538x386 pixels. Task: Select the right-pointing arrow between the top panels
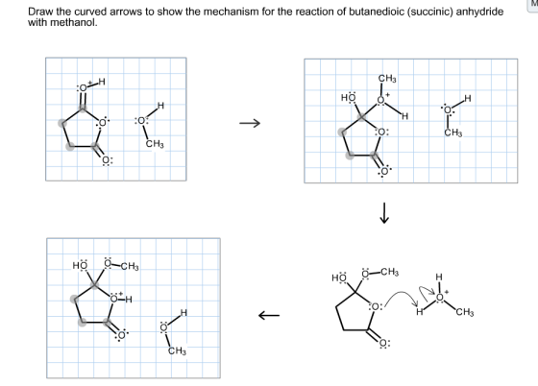click(x=250, y=123)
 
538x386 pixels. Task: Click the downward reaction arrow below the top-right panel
click(x=384, y=213)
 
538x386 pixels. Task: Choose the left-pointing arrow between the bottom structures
click(x=269, y=315)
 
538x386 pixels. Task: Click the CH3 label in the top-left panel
click(x=155, y=144)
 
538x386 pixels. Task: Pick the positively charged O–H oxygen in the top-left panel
click(x=83, y=87)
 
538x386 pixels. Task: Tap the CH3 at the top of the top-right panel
click(x=387, y=79)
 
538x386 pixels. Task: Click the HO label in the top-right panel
click(x=348, y=97)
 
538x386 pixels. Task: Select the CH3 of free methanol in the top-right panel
click(x=453, y=133)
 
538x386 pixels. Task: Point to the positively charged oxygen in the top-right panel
click(x=380, y=100)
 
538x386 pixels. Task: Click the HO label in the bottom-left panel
click(x=80, y=265)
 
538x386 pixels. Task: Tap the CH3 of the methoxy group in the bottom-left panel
click(x=130, y=266)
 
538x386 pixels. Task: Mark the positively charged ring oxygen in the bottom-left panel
click(x=114, y=299)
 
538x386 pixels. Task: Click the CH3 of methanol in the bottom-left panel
click(x=177, y=350)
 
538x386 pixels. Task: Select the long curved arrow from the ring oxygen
click(x=403, y=294)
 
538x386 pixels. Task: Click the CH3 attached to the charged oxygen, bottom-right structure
click(x=465, y=312)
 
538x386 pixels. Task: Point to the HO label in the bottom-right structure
click(x=339, y=277)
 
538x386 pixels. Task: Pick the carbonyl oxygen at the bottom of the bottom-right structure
click(x=384, y=343)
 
